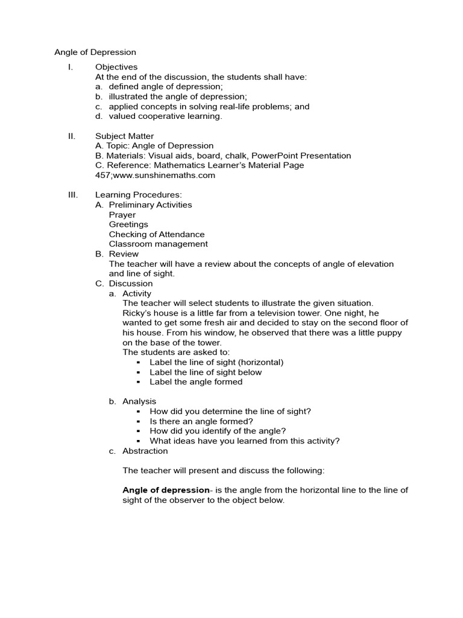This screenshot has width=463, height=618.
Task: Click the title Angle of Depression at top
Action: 95,53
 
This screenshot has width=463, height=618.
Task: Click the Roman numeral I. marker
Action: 71,67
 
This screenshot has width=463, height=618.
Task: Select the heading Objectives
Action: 116,67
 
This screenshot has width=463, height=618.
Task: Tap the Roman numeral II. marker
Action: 71,136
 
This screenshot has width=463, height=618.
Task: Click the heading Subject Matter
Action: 124,136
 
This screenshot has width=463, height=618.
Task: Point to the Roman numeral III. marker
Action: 72,195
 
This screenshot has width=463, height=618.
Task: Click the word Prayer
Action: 122,215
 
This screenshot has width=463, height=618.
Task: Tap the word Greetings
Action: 128,225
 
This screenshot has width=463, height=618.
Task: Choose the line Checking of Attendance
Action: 157,234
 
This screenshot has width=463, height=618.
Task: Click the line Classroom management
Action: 159,244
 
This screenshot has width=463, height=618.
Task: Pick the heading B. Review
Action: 117,254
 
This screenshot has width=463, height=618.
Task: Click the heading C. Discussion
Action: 124,284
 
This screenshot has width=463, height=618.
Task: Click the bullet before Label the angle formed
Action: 138,382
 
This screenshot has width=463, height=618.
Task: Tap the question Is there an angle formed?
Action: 201,421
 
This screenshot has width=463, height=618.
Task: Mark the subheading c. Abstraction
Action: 139,451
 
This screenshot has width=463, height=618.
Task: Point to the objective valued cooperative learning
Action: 165,116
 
